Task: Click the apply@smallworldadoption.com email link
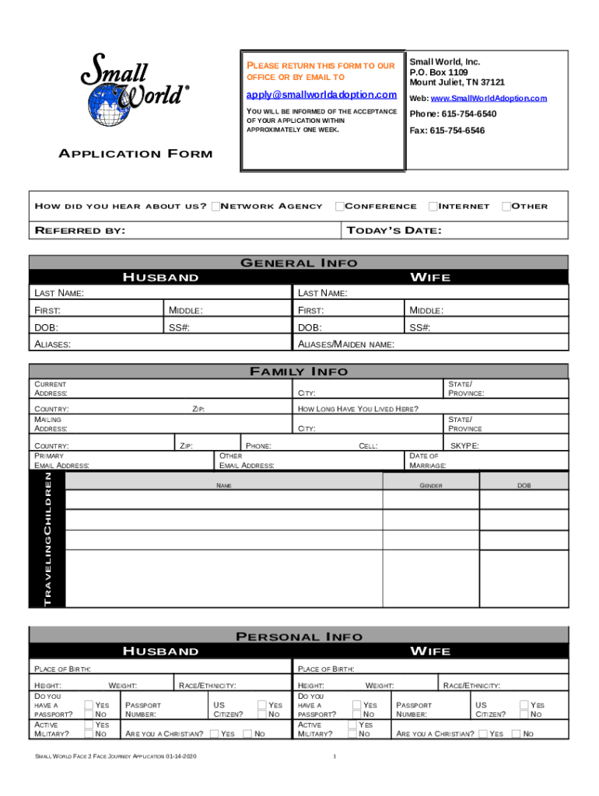(x=321, y=95)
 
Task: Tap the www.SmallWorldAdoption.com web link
(x=489, y=99)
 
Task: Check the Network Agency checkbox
(x=215, y=206)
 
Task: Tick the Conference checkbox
(x=339, y=206)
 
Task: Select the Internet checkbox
(x=433, y=206)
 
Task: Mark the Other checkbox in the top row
(x=506, y=206)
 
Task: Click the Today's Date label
(x=394, y=230)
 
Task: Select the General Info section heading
(x=299, y=263)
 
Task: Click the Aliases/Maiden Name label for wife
(x=346, y=344)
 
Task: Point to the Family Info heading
(x=299, y=372)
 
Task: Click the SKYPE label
(x=464, y=446)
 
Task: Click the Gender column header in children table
(x=431, y=485)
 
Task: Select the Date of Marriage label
(x=427, y=461)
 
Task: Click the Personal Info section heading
(x=299, y=637)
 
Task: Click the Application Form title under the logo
(x=135, y=154)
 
